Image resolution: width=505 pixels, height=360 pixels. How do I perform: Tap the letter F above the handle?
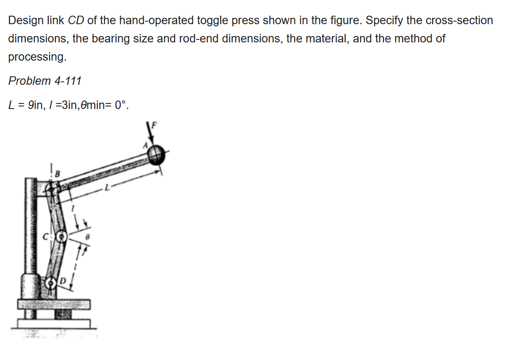[154, 125]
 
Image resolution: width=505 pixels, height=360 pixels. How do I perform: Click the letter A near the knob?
[145, 145]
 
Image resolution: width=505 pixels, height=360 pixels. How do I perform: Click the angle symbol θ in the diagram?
[87, 239]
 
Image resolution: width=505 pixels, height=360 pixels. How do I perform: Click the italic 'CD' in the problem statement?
[76, 20]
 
